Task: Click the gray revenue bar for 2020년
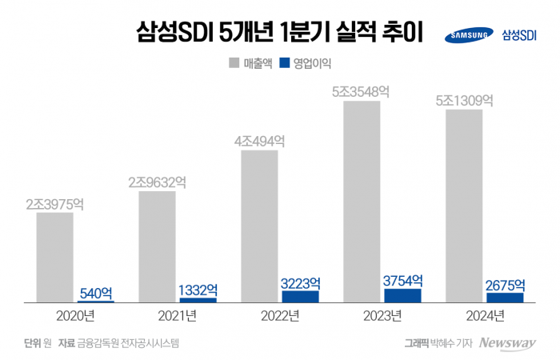pyautogui.click(x=54, y=258)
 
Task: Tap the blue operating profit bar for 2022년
pyautogui.click(x=300, y=296)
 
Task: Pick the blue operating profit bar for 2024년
pyautogui.click(x=505, y=298)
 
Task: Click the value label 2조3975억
pyautogui.click(x=54, y=204)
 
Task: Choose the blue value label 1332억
pyautogui.click(x=198, y=290)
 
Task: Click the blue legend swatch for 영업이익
pyautogui.click(x=284, y=62)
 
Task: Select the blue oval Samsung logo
pyautogui.click(x=468, y=35)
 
